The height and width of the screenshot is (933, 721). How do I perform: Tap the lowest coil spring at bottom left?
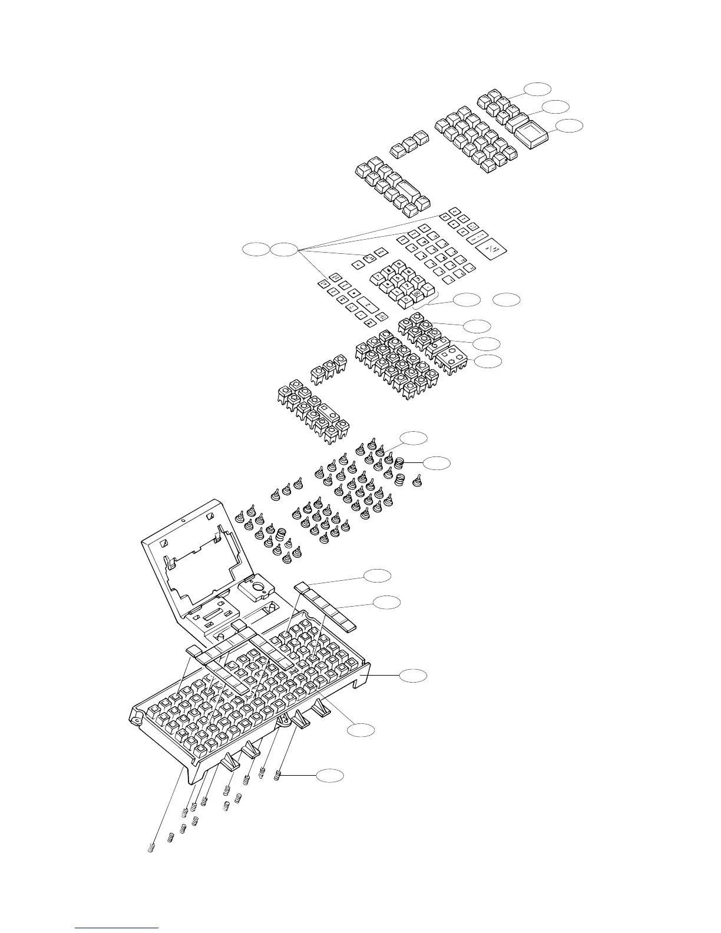pyautogui.click(x=150, y=849)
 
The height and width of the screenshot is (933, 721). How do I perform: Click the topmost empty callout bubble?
pyautogui.click(x=538, y=89)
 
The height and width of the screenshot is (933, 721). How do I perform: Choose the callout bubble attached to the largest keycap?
pyautogui.click(x=570, y=125)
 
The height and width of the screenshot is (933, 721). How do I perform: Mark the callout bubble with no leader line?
pyautogui.click(x=507, y=300)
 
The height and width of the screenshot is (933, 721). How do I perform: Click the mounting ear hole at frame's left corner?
pyautogui.click(x=138, y=719)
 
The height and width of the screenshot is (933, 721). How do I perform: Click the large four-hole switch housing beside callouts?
pyautogui.click(x=453, y=360)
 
